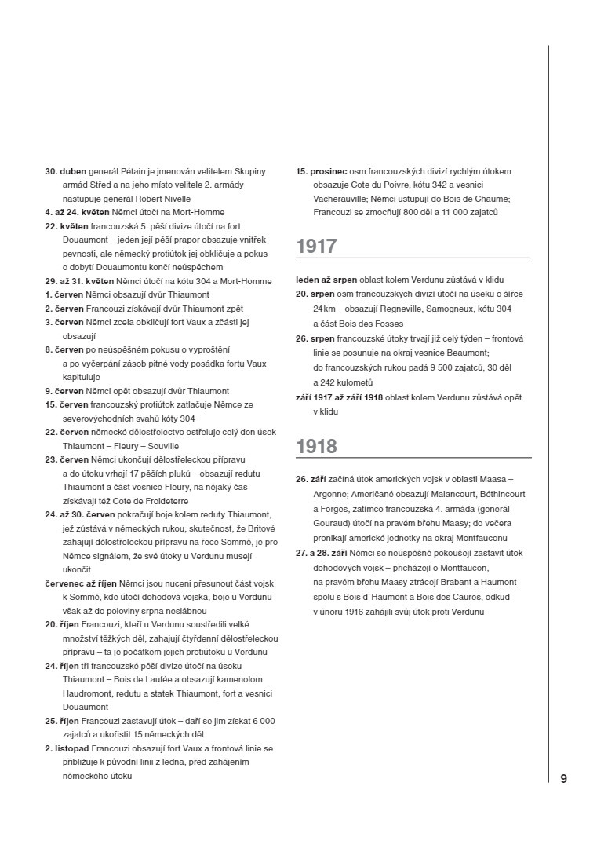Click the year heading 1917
point(316,247)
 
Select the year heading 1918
point(316,446)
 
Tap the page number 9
point(563,778)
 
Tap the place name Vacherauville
point(339,199)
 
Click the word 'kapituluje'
point(82,378)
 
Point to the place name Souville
point(162,446)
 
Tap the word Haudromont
point(89,693)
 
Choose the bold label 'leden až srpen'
point(326,280)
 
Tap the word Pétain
point(132,171)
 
